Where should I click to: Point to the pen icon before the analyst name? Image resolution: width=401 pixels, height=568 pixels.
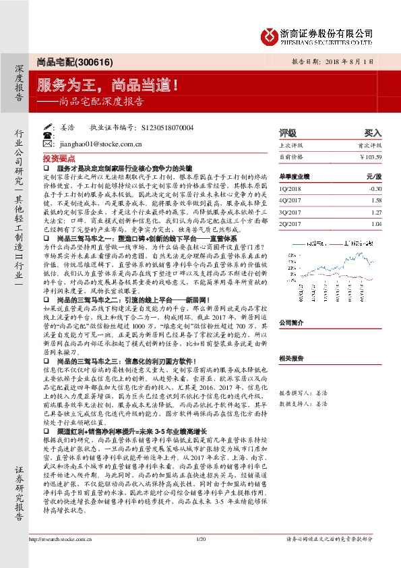tap(47, 126)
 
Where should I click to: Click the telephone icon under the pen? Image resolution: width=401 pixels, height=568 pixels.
tap(47, 135)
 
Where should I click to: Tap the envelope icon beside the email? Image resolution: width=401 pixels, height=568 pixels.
tap(47, 144)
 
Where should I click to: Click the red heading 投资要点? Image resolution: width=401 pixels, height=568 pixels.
tap(56, 157)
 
